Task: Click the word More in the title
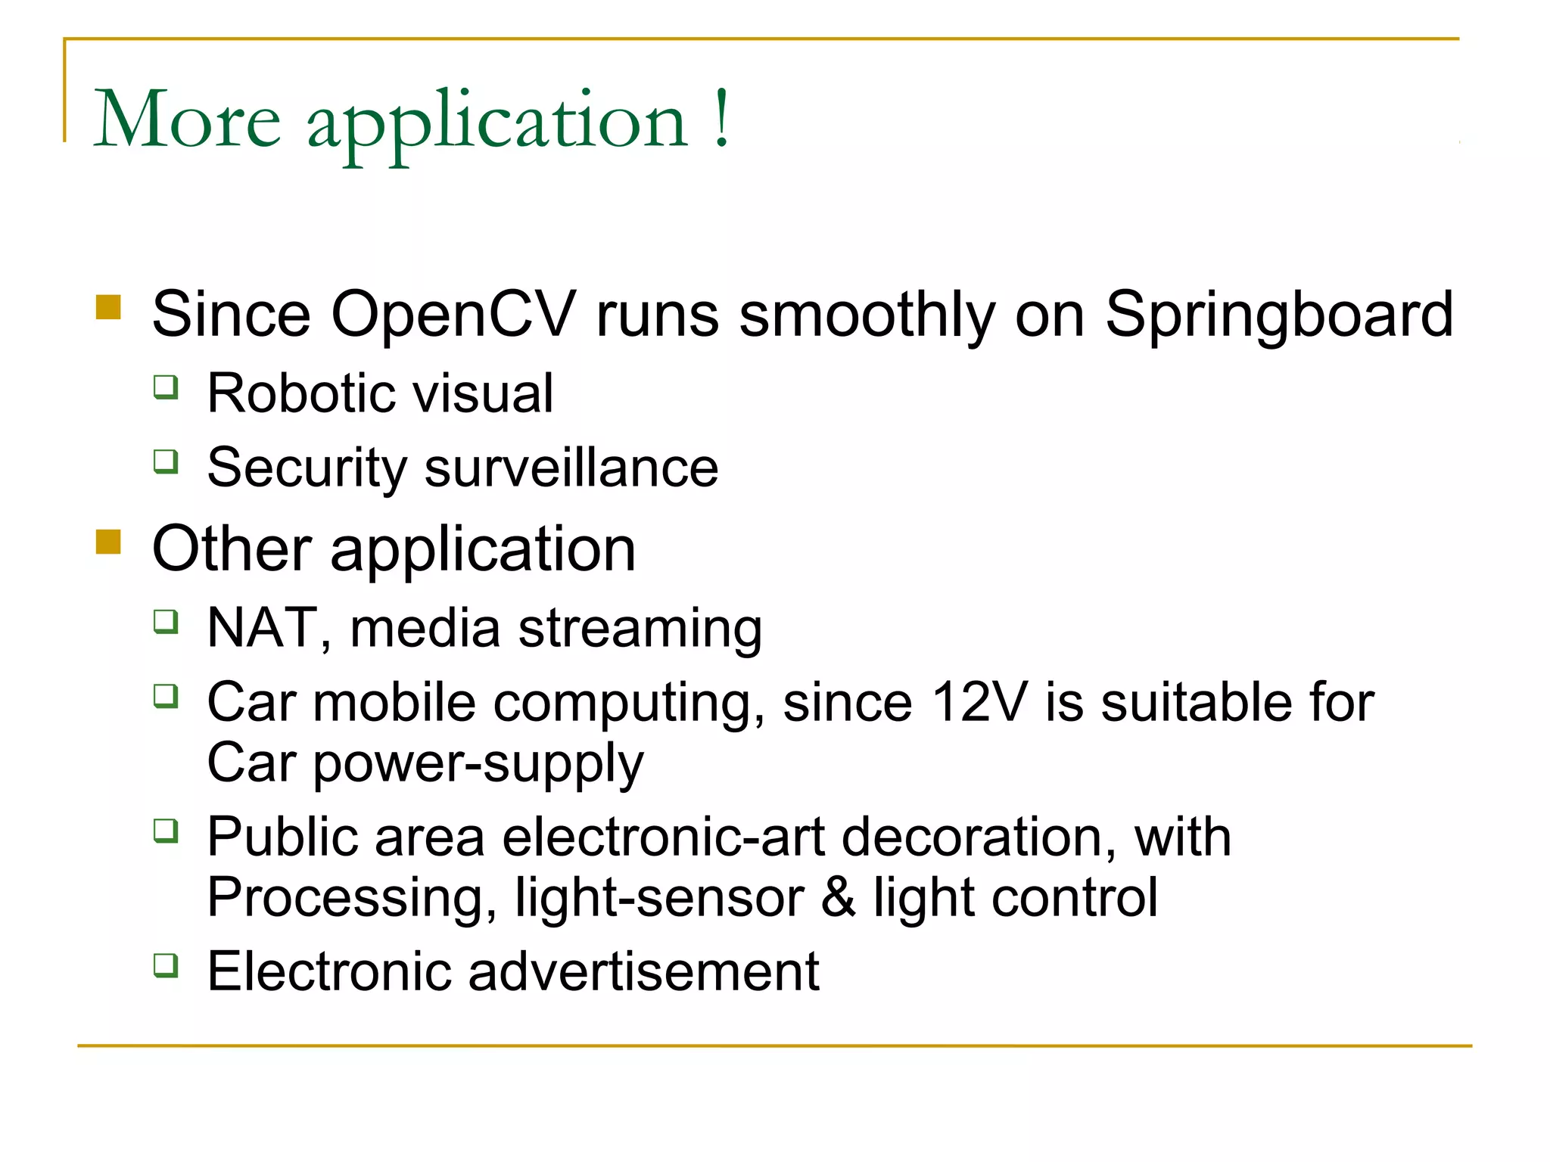pyautogui.click(x=187, y=120)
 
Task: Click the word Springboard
pyautogui.click(x=1279, y=315)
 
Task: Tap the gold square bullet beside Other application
pyautogui.click(x=109, y=542)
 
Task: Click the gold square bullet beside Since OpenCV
pyautogui.click(x=109, y=307)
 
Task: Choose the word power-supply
pyautogui.click(x=478, y=764)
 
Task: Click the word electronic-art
pyautogui.click(x=663, y=837)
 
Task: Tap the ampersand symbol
pyautogui.click(x=839, y=898)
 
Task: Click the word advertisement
pyautogui.click(x=643, y=971)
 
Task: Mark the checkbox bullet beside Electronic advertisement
pyautogui.click(x=166, y=965)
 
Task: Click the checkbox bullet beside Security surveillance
pyautogui.click(x=166, y=461)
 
